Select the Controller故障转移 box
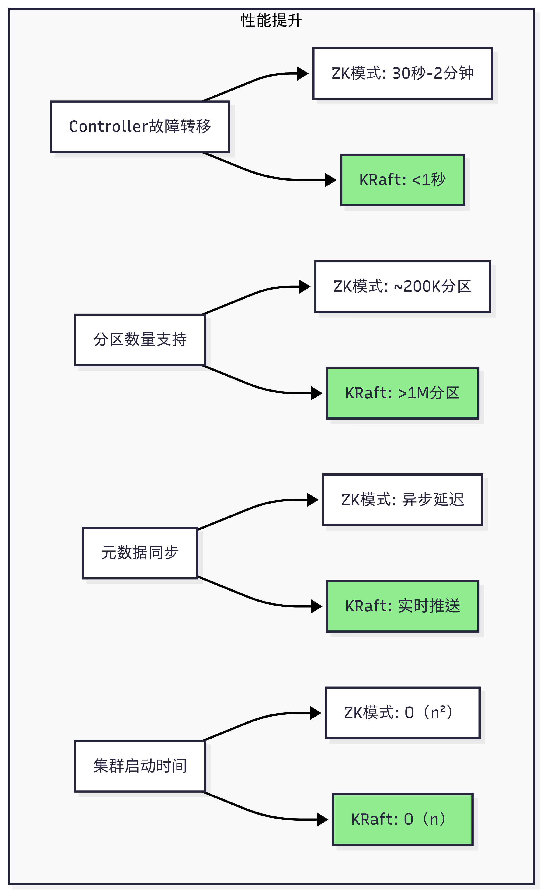click(140, 126)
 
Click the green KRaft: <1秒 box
click(403, 180)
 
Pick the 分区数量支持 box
click(140, 340)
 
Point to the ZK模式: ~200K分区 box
click(403, 287)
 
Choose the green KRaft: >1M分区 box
click(403, 393)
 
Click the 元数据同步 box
click(140, 553)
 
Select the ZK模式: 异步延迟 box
click(403, 500)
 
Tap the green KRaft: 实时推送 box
click(403, 606)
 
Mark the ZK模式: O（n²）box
click(403, 713)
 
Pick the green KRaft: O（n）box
click(403, 819)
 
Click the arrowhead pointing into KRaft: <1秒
click(331, 180)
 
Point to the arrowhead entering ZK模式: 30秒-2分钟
click(303, 73)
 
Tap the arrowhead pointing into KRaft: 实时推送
click(317, 606)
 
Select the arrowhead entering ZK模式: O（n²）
click(315, 713)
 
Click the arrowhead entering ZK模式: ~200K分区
click(305, 287)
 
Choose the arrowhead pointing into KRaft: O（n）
click(323, 819)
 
